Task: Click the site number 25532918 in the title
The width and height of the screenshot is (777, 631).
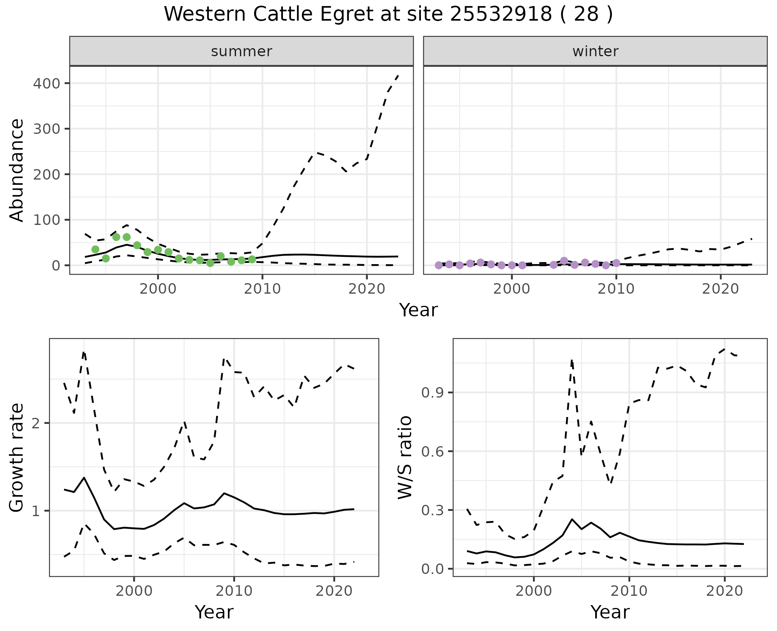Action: click(501, 15)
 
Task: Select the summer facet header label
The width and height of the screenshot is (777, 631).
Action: click(242, 51)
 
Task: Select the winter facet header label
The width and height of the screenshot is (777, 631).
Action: click(595, 51)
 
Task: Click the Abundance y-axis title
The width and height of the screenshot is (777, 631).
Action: click(17, 170)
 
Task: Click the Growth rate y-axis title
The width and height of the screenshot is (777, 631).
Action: click(17, 457)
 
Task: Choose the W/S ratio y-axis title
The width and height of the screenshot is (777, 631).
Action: click(405, 457)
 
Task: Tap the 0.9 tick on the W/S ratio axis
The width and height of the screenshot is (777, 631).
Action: click(432, 393)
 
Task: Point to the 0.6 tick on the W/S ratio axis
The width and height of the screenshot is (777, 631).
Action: click(432, 451)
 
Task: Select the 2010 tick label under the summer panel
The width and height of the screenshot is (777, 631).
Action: click(262, 289)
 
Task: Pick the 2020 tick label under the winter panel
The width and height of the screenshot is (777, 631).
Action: click(720, 289)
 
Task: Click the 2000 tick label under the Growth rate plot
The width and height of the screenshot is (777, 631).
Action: click(134, 591)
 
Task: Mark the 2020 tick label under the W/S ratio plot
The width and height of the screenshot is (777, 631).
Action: click(724, 591)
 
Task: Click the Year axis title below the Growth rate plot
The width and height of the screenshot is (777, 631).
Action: click(214, 612)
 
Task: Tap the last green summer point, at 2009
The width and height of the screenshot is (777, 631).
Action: click(252, 259)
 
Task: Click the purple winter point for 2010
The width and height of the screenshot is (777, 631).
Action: click(616, 263)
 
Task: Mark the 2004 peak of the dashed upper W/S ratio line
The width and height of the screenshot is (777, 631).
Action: click(572, 359)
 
